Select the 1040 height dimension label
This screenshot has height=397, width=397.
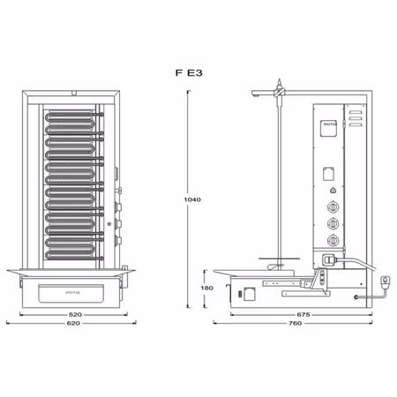[193, 199]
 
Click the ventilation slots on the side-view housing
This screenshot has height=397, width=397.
[355, 116]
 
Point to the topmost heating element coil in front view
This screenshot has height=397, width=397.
[71, 115]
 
